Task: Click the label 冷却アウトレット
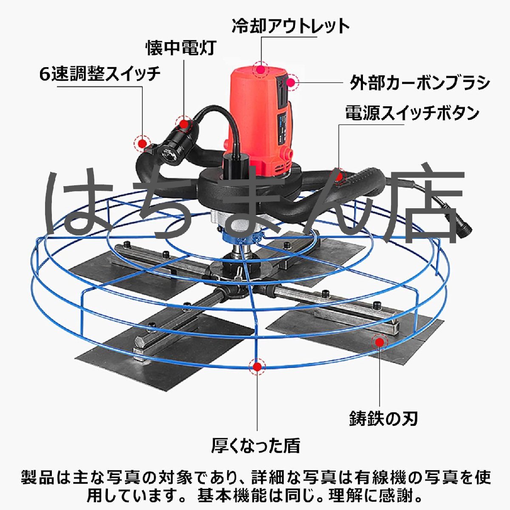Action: [291, 27]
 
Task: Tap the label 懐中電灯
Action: [181, 48]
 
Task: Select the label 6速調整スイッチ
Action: [100, 75]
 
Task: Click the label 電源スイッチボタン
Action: [412, 113]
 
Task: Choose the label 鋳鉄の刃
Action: [383, 419]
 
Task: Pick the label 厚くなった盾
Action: [256, 446]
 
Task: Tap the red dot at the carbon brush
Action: [291, 82]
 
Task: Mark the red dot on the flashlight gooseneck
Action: [184, 125]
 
